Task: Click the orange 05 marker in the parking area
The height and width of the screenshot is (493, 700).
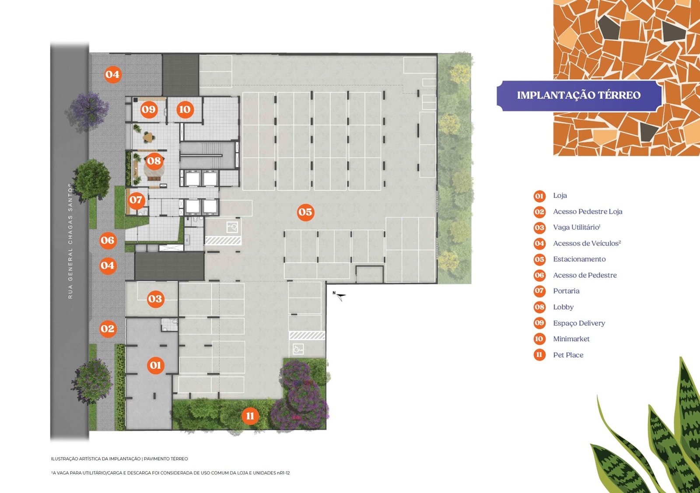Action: click(305, 212)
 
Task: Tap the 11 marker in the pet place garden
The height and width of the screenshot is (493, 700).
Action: click(250, 416)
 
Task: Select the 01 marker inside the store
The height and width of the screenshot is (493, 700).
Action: click(155, 365)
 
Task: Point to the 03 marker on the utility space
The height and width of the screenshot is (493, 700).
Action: click(155, 299)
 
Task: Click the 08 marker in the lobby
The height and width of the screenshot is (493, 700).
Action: click(154, 161)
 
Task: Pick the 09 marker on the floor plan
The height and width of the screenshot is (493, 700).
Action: click(148, 109)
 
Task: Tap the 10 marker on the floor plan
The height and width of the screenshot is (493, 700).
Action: click(185, 109)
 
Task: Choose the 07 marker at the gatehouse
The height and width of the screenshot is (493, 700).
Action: click(136, 199)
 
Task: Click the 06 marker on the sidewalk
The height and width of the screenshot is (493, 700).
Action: click(108, 240)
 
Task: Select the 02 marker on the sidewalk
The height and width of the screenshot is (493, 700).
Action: click(108, 329)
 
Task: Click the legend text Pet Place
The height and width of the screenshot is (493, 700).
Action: click(568, 355)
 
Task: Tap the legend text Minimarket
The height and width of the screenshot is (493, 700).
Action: click(571, 339)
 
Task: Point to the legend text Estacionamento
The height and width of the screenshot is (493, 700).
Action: click(579, 259)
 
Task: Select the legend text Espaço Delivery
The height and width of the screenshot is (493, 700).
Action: click(579, 323)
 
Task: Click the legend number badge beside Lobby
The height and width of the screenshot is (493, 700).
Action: click(539, 307)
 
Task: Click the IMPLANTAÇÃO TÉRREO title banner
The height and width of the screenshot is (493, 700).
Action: click(579, 95)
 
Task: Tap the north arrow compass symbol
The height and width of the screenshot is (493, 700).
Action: click(340, 296)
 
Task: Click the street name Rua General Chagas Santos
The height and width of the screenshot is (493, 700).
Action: click(70, 241)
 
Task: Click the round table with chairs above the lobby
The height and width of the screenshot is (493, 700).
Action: click(148, 136)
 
